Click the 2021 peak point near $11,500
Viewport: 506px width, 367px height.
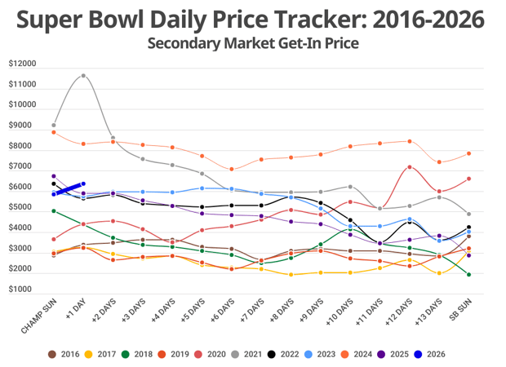(83, 76)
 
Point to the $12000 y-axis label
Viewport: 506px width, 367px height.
(22, 64)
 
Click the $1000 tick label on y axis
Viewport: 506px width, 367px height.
(24, 290)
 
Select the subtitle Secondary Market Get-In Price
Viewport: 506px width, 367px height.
(253, 42)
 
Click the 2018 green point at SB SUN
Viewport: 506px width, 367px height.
(468, 275)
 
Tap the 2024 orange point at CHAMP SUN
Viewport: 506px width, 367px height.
(53, 132)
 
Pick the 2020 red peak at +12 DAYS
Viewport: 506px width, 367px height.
(409, 167)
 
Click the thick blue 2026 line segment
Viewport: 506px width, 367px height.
(69, 189)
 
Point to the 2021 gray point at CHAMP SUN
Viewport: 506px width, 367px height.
(53, 125)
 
